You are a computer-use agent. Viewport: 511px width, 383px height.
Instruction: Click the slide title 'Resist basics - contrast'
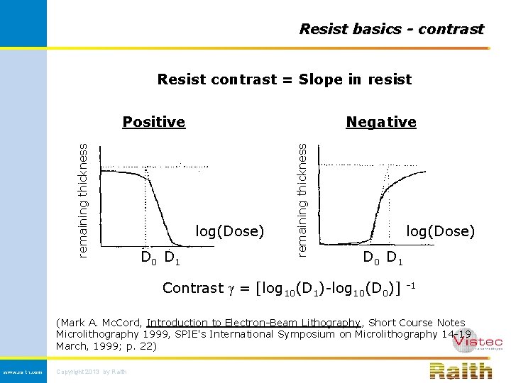pos(391,29)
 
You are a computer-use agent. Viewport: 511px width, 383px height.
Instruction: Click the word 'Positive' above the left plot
pos(153,122)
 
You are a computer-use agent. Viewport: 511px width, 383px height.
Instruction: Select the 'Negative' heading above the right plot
pos(381,122)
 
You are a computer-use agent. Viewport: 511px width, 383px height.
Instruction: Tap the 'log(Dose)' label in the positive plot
pos(230,231)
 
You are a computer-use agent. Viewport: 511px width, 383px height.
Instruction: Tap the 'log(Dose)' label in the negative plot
pos(440,231)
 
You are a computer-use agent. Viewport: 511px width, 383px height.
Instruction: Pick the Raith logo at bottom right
pos(461,370)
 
